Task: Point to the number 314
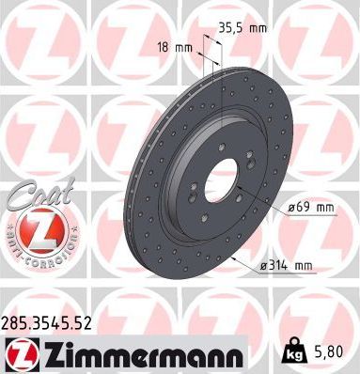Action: click(x=277, y=268)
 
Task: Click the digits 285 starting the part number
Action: click(x=17, y=322)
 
